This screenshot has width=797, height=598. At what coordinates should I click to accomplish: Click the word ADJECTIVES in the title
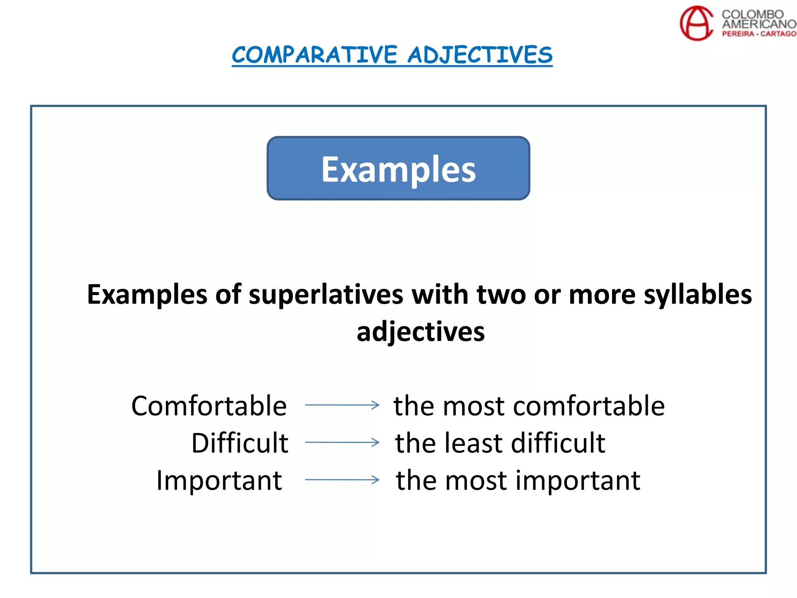pos(480,55)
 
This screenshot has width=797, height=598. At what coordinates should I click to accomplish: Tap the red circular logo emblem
pos(696,23)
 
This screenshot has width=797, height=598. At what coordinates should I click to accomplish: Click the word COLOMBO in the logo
pos(752,14)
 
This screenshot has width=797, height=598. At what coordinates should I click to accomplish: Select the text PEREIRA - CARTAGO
pos(759,34)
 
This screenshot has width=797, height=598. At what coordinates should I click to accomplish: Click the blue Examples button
pos(398,169)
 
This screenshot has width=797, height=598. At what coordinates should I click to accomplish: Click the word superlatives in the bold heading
pos(326,294)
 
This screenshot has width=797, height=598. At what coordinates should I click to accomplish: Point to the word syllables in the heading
pos(698,294)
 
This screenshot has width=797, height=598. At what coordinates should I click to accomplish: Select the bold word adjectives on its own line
pos(421,332)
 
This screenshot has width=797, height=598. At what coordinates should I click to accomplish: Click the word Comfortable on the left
pos(209,406)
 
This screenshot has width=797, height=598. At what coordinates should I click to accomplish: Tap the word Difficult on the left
pos(240,443)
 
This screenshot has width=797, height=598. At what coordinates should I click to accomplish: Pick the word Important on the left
pos(219,480)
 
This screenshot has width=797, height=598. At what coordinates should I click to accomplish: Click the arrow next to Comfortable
pos(342,405)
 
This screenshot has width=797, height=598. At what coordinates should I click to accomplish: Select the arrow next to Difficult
pos(342,442)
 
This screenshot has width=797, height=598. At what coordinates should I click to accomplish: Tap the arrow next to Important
pos(342,480)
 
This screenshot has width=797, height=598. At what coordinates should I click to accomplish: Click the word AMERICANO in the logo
pos(759,24)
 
